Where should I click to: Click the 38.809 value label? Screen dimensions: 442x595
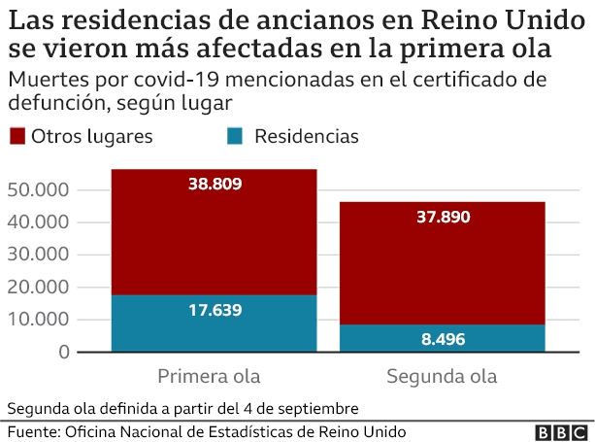pos(215,184)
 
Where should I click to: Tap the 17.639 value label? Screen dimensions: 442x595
pos(215,311)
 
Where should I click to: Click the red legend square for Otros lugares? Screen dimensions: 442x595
pos(17,136)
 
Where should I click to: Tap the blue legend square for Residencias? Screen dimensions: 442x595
pos(236,136)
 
